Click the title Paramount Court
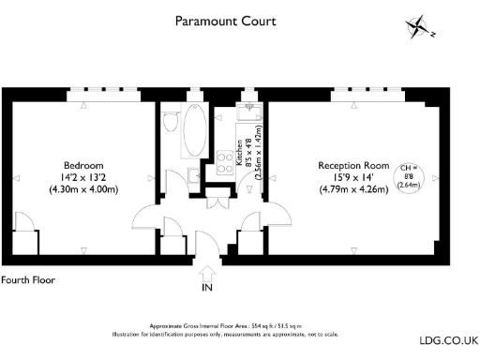(225, 20)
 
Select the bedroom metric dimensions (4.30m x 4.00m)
(82, 189)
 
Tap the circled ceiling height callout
(410, 175)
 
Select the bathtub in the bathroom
(196, 134)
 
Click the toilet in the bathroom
(170, 123)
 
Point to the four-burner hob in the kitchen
(225, 163)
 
